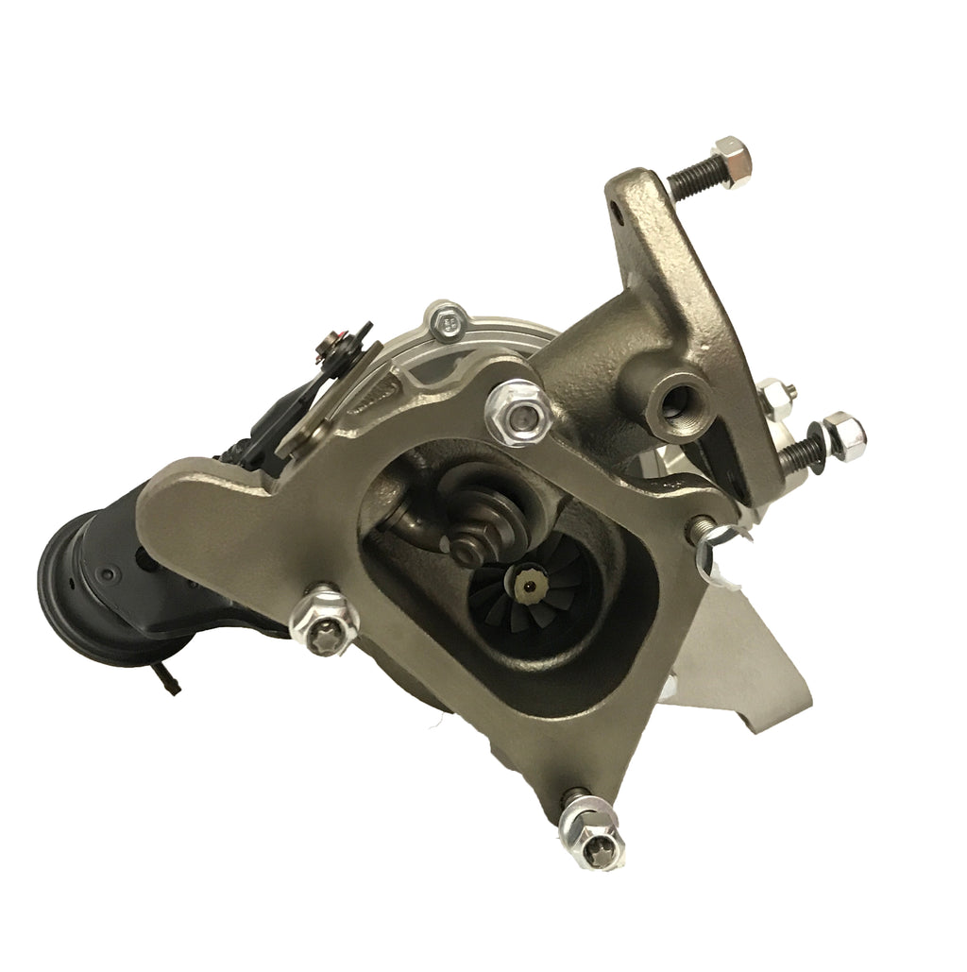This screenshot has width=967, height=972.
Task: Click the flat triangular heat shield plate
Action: (737, 652)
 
